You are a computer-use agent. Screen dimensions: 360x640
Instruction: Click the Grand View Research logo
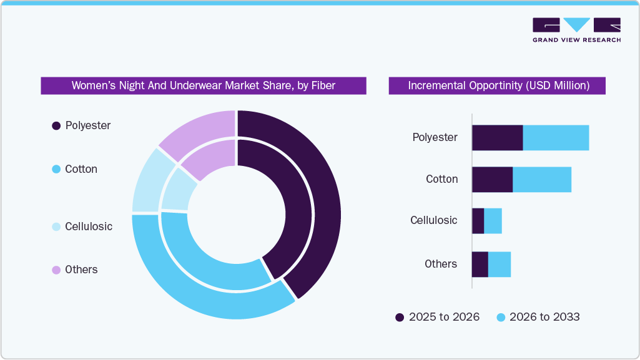pyautogui.click(x=576, y=30)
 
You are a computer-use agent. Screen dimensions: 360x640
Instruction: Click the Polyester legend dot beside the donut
pyautogui.click(x=56, y=126)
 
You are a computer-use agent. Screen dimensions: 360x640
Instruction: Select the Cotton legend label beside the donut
pyautogui.click(x=81, y=169)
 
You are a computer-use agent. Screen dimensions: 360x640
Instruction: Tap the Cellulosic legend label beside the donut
pyautogui.click(x=89, y=226)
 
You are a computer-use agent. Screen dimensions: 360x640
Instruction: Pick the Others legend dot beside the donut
pyautogui.click(x=56, y=270)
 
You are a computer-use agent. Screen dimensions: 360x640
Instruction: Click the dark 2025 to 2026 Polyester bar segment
pyautogui.click(x=497, y=138)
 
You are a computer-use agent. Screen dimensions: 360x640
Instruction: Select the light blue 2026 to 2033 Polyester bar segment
pyautogui.click(x=556, y=138)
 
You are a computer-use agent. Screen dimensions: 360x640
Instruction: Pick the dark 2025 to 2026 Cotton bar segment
pyautogui.click(x=492, y=180)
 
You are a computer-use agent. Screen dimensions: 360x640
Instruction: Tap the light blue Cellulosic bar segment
pyautogui.click(x=493, y=221)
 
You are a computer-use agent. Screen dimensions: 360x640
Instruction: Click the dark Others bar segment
pyautogui.click(x=480, y=265)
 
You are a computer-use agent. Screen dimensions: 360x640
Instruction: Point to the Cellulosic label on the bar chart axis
pyautogui.click(x=433, y=220)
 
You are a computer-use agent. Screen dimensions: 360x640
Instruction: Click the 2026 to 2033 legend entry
pyautogui.click(x=538, y=317)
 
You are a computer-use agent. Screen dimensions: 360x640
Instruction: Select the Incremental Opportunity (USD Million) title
pyautogui.click(x=498, y=85)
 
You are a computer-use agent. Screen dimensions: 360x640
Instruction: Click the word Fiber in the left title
pyautogui.click(x=323, y=85)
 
